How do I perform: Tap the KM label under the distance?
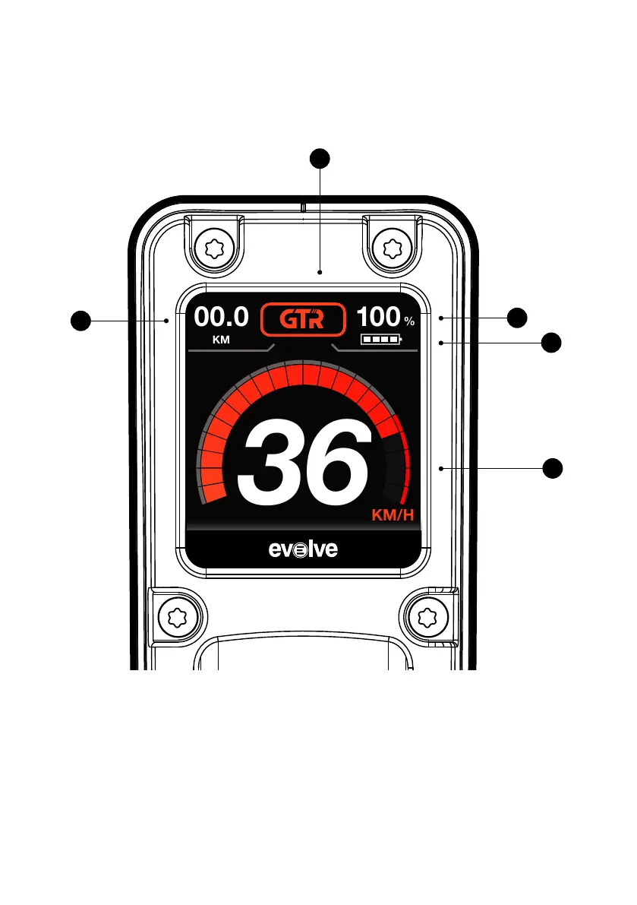coord(221,340)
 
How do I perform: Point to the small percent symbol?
coord(408,322)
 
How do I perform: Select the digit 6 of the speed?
coord(339,460)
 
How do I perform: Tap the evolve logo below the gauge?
coord(303,549)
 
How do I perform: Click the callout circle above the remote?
coord(320,158)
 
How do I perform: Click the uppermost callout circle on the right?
coord(517,317)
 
